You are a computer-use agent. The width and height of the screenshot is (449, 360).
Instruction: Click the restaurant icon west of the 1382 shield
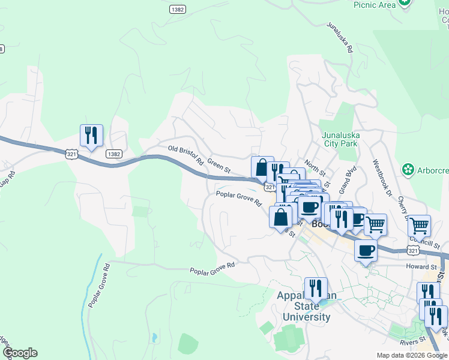click(x=91, y=135)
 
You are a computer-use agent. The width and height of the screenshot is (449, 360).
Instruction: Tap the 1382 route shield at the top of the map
click(x=177, y=10)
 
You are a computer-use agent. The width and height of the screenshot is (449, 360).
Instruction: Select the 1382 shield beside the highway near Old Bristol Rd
click(x=114, y=154)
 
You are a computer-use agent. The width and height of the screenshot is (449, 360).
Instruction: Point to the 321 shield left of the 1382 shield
click(x=72, y=154)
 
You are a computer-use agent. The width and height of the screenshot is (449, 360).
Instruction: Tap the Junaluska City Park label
click(x=340, y=139)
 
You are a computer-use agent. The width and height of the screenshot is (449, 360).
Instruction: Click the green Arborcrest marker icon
click(x=409, y=170)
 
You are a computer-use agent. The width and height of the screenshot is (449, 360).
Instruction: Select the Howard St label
click(x=420, y=266)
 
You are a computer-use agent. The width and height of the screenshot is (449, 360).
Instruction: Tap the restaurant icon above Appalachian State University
click(x=316, y=288)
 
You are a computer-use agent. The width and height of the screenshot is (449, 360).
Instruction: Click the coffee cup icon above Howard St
click(x=366, y=250)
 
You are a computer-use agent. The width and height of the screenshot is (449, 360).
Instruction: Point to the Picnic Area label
click(x=374, y=5)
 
